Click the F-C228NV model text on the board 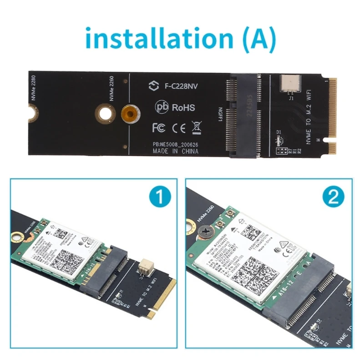[177, 86]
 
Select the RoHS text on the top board [183, 107]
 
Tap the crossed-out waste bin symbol [197, 127]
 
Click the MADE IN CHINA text [175, 152]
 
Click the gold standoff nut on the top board [130, 111]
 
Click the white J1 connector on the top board [289, 82]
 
